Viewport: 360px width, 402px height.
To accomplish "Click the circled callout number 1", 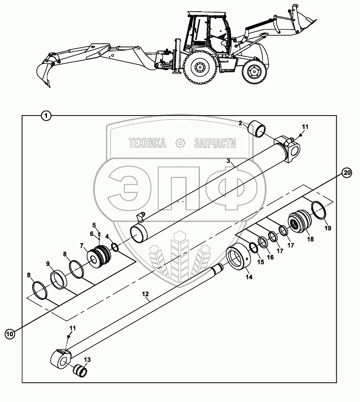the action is coord(47,116).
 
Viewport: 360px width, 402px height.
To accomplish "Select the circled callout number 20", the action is coord(347,173).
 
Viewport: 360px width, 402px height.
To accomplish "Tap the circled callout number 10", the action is coord(10,333).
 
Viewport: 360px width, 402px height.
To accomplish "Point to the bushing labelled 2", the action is coord(257,129).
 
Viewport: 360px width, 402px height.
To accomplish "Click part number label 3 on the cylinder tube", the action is coord(228,161).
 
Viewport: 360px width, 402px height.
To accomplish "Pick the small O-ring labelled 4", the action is coord(114,248).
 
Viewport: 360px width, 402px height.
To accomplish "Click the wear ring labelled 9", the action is coord(59,280).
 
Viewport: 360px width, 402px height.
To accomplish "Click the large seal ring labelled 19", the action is coord(320,211).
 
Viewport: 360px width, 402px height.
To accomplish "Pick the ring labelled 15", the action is coord(253,248).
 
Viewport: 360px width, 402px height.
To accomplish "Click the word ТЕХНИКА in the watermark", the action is coord(147,143).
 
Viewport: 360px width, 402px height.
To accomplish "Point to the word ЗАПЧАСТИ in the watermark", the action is coord(215,143).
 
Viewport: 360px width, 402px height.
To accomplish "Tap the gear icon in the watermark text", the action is coord(180,143).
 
